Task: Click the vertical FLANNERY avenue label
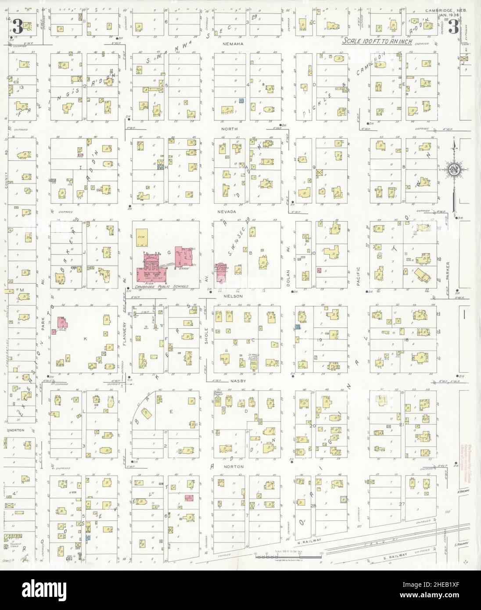coord(125,342)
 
